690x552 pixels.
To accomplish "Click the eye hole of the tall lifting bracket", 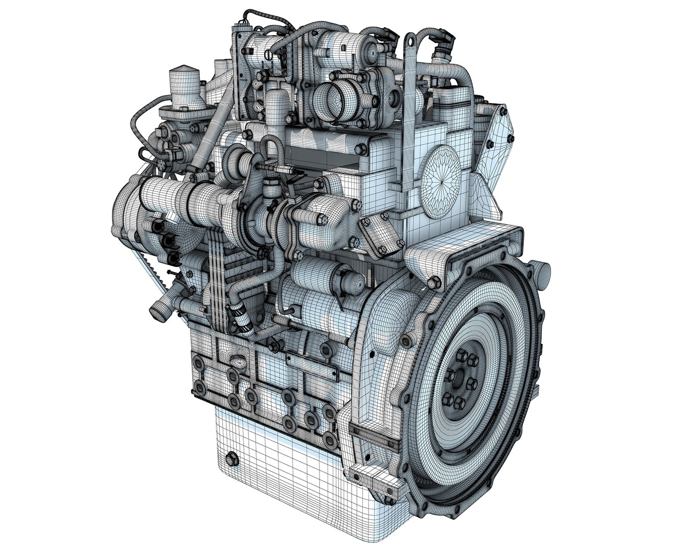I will pos(410,39).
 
